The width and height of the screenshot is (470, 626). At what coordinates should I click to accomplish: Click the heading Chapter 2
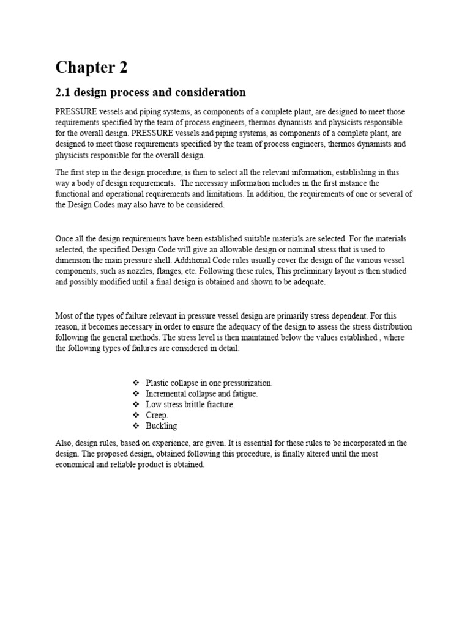[x=91, y=67]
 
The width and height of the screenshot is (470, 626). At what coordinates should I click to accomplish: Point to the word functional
[x=73, y=194]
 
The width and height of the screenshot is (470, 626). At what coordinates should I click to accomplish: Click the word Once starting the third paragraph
[x=65, y=238]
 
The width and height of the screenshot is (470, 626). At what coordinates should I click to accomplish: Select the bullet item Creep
[x=157, y=415]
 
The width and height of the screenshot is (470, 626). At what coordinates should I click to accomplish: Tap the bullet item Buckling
[x=162, y=426]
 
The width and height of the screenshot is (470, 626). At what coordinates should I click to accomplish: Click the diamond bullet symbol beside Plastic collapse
[x=136, y=383]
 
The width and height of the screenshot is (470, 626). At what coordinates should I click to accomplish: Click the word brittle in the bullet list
[x=193, y=405]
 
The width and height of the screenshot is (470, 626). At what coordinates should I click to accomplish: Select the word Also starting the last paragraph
[x=64, y=443]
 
